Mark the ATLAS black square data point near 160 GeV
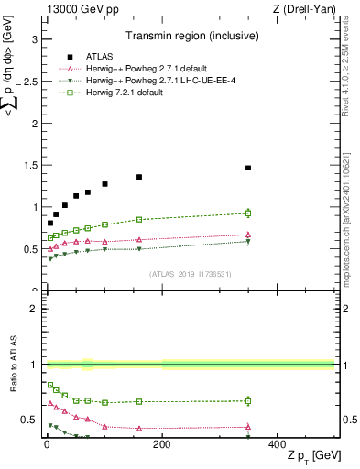click(x=139, y=177)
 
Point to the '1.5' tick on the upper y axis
click(x=28, y=165)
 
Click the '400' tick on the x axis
click(x=277, y=444)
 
